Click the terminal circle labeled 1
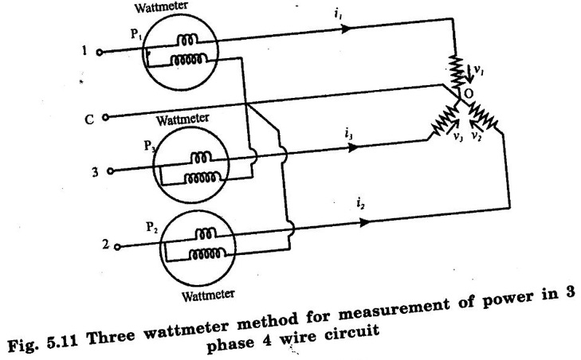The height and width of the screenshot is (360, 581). [x=100, y=53]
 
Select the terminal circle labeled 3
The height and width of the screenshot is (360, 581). [x=109, y=170]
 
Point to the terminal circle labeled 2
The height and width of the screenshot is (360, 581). [x=117, y=247]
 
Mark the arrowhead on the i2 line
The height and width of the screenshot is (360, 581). [x=364, y=222]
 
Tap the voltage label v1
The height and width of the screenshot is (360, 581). [x=478, y=72]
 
